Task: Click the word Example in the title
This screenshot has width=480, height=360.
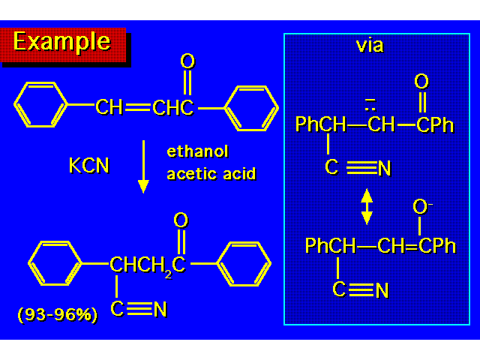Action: click(x=61, y=42)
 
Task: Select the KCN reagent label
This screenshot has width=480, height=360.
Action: click(x=88, y=165)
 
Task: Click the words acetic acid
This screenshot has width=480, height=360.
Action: click(x=211, y=174)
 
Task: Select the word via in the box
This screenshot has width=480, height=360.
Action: click(x=369, y=45)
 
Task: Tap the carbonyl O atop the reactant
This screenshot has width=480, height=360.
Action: click(x=187, y=61)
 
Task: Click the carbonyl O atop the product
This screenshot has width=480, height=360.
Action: click(x=180, y=220)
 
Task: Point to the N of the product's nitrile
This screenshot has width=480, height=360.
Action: click(x=160, y=310)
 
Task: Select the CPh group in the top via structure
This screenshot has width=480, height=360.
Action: click(x=435, y=124)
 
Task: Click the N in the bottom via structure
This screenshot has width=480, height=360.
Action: click(x=382, y=291)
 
